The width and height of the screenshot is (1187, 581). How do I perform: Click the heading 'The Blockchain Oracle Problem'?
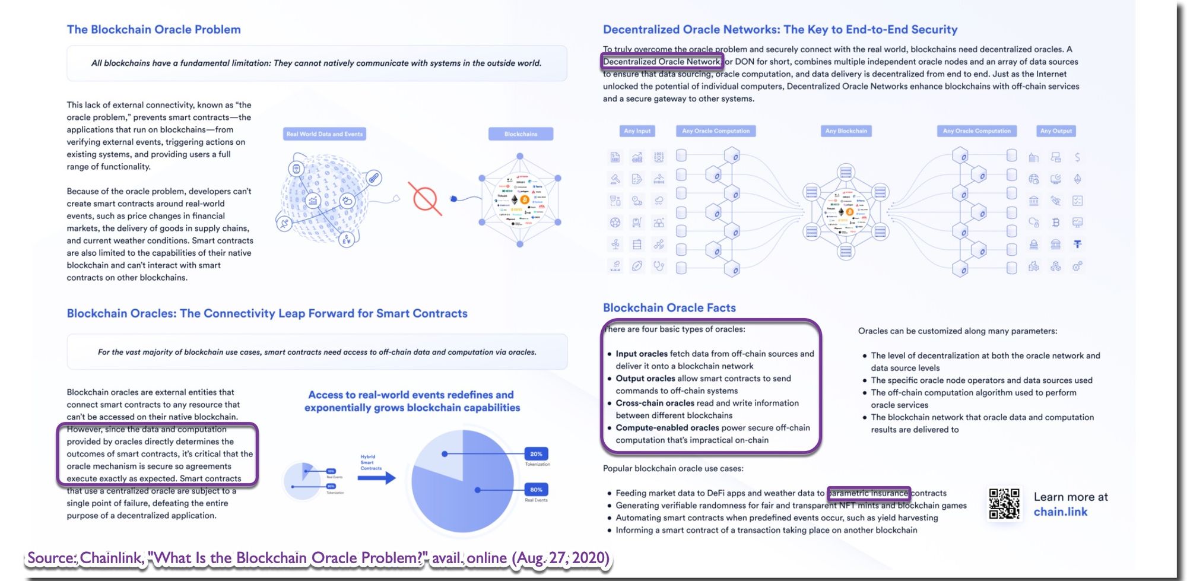tap(154, 30)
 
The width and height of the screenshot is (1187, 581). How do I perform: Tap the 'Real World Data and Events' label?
tap(324, 134)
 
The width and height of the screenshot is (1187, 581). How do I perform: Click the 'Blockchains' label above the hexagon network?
tap(520, 134)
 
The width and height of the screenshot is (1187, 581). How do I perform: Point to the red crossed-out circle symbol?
tap(425, 199)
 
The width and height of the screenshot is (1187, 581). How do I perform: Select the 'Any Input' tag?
tap(637, 131)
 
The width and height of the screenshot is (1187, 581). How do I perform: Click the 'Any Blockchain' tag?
tap(846, 131)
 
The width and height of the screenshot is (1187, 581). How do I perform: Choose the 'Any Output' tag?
tap(1056, 131)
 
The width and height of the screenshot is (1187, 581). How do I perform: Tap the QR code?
tap(1004, 503)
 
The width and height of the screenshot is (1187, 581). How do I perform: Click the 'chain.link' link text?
tap(1061, 512)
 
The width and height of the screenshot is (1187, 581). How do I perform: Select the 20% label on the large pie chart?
tap(536, 454)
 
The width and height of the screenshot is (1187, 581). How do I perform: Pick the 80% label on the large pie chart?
tap(536, 490)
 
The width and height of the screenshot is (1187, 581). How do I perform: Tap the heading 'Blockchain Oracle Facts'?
tap(669, 307)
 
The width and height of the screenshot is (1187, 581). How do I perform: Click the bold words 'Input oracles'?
tap(642, 354)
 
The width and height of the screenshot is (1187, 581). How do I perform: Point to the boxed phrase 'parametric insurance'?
tap(868, 493)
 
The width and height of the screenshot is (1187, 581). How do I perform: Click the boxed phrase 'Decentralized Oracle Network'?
tap(662, 62)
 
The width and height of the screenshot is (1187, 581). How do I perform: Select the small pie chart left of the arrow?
tap(303, 480)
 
